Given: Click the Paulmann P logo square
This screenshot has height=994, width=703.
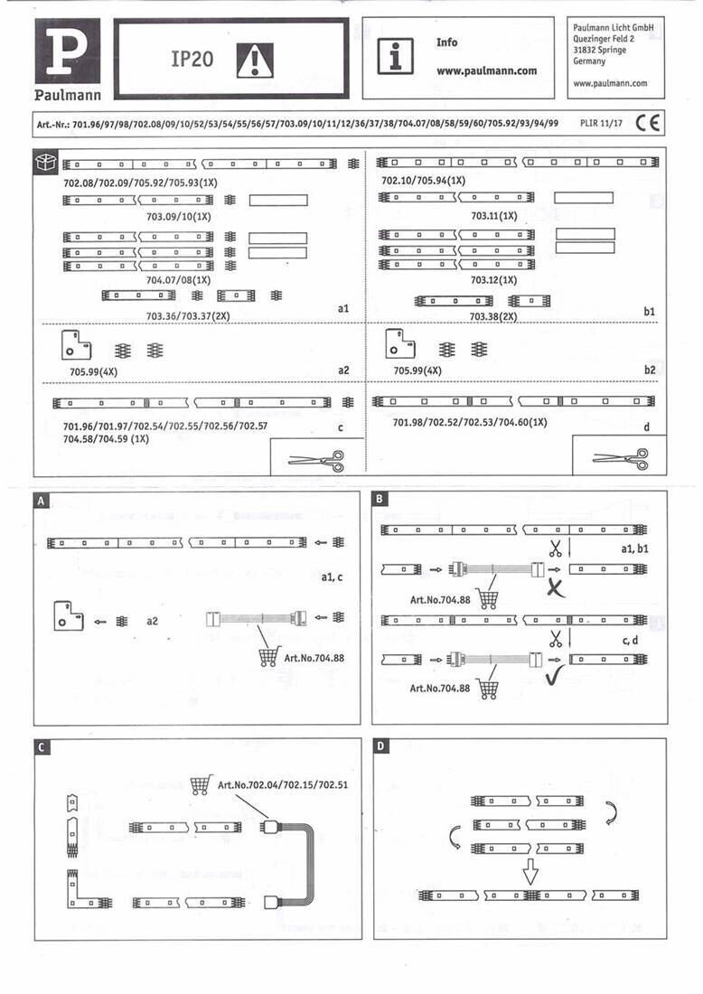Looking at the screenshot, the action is point(68,52).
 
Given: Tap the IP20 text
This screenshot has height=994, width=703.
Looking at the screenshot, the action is point(192,59).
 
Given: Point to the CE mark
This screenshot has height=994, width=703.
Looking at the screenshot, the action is point(647,123).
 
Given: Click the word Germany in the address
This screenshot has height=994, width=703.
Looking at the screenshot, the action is point(590,62).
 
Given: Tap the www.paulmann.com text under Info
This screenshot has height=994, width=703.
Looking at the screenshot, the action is point(486,70).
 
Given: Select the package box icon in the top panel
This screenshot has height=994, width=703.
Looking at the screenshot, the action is point(46,163).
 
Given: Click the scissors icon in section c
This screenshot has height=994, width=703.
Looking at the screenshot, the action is point(316,459).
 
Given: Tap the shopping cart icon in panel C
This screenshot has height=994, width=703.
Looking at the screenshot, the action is point(202,783).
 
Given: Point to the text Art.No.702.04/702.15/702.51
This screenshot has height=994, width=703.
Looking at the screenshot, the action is point(283,784).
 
